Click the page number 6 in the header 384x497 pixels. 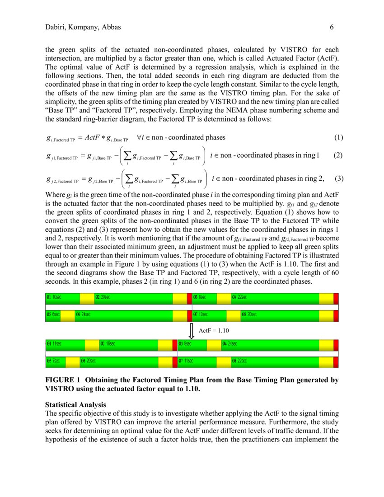[332, 28]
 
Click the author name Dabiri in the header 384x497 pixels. [56, 28]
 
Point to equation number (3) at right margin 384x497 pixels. [339, 178]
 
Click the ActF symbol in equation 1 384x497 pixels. [92, 138]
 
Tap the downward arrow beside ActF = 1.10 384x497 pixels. [191, 330]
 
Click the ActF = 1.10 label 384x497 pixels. [214, 331]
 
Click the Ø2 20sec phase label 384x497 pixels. [103, 298]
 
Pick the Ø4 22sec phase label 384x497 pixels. [240, 298]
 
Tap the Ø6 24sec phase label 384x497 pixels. [83, 314]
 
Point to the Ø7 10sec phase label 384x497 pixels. [201, 314]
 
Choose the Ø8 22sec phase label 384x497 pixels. [240, 361]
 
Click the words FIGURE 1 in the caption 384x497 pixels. [63, 380]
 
